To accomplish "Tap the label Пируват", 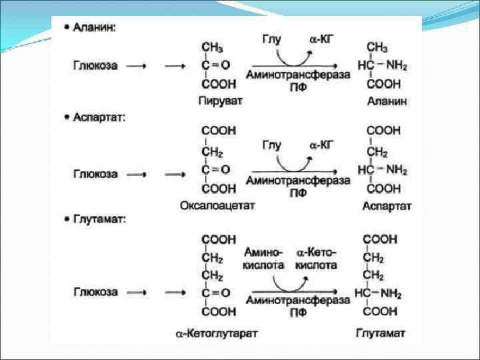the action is (x=220, y=101).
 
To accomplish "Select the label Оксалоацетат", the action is (x=218, y=206).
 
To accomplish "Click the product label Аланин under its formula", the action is (x=386, y=101).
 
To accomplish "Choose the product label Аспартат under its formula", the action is (x=387, y=206).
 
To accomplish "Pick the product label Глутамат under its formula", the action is (x=386, y=331).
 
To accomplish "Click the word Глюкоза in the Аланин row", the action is (x=95, y=65).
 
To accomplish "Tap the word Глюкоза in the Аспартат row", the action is (x=95, y=174).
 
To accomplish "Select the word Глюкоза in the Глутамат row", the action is (x=95, y=292).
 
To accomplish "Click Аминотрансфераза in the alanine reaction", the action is (x=297, y=75).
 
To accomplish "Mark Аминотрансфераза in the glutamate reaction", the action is (x=297, y=301).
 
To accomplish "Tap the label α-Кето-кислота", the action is (x=317, y=259).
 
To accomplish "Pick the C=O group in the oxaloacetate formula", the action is (x=215, y=170).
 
